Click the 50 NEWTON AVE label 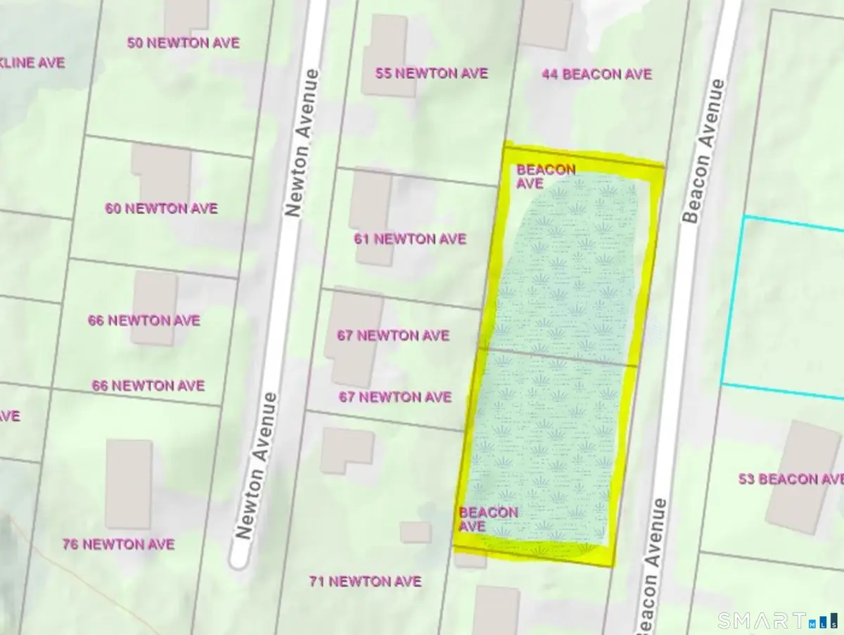(183, 43)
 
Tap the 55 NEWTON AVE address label (431, 73)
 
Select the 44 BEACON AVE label (596, 74)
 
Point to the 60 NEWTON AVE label (161, 208)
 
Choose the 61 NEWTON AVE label (409, 239)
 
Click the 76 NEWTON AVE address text (118, 544)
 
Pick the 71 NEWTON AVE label (365, 581)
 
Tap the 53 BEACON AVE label (790, 479)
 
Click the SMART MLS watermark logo (776, 620)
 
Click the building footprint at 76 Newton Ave (129, 484)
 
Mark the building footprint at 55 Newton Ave (384, 55)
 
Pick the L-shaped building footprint (346, 449)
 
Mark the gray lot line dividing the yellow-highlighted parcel (559, 356)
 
